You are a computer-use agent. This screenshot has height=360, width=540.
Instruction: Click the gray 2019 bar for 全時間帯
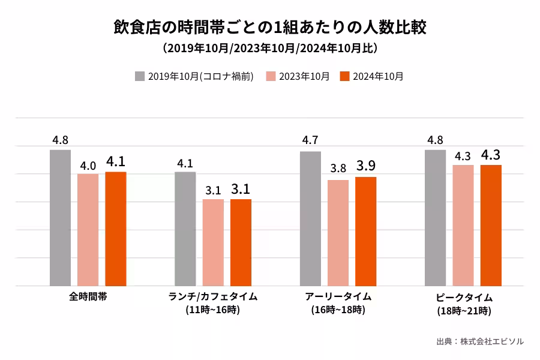point(60,217)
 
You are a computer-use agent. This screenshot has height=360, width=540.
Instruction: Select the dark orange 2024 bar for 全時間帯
point(116,229)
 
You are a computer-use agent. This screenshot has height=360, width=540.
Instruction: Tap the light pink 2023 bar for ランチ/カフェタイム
point(213,242)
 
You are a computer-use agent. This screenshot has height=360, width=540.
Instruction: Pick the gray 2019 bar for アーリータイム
point(310,218)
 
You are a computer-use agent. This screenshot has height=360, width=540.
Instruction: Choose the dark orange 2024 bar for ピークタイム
point(491,225)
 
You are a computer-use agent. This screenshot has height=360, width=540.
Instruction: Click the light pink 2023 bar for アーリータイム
point(338,233)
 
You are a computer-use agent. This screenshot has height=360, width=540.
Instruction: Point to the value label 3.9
point(365,166)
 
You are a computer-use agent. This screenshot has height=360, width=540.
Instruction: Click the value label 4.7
point(310,140)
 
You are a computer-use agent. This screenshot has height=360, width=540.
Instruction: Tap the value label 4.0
point(88,164)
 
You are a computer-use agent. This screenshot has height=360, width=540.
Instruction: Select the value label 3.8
point(338,169)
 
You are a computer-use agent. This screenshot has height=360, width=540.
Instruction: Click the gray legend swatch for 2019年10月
point(140,76)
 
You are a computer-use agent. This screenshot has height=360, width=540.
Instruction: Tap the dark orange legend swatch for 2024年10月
point(344,76)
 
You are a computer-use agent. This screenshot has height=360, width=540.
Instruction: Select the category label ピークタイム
point(464,298)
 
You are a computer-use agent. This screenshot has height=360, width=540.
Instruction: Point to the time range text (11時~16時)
point(212,310)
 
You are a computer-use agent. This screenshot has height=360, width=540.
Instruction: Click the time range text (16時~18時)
point(338,310)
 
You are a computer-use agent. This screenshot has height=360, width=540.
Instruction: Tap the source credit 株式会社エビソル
point(492,341)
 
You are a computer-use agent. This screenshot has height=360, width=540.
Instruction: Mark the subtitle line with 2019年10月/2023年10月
point(269,47)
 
